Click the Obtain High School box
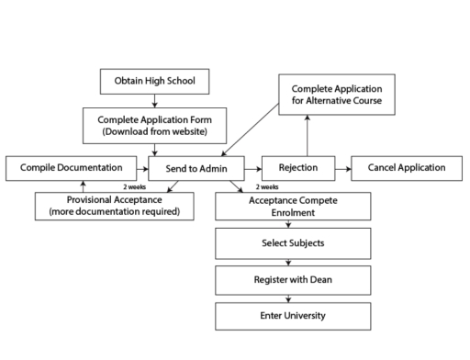pos(155,82)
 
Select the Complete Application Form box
pos(155,124)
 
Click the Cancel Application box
pos(406,168)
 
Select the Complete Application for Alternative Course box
pos(337,94)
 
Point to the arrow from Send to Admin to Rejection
pos(252,168)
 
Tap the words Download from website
pos(155,130)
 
